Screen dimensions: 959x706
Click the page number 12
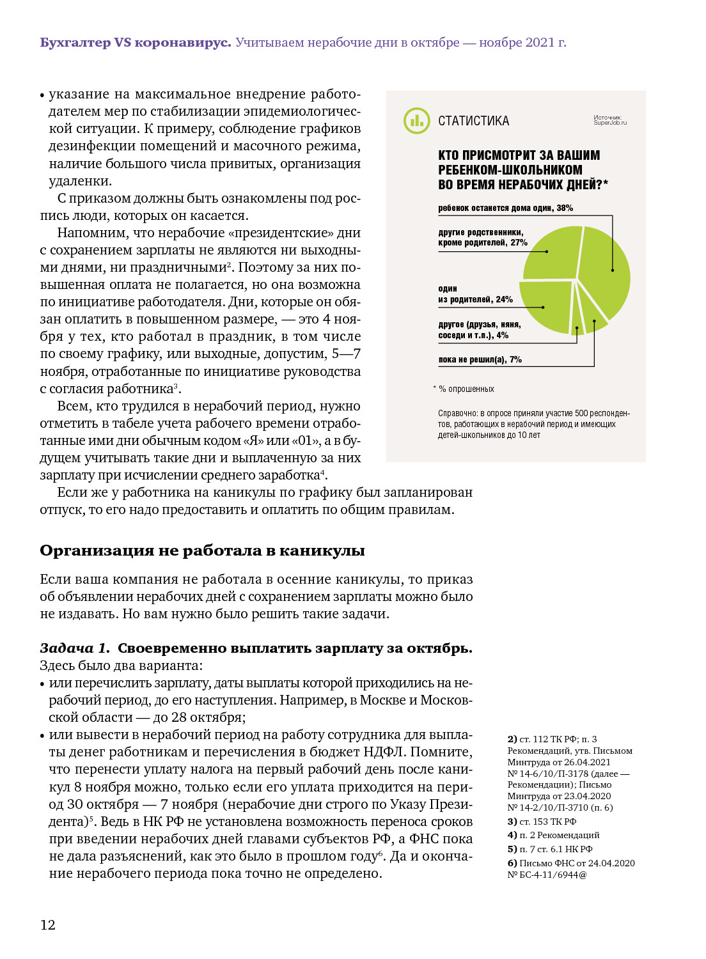[x=48, y=925]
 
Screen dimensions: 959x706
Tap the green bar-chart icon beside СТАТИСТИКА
[x=416, y=121]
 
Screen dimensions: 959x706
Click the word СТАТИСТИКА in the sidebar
[x=473, y=121]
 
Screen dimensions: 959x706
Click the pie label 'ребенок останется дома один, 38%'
[x=505, y=208]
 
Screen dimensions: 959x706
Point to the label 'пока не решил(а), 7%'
[x=480, y=360]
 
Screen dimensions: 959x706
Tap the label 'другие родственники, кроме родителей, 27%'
[x=482, y=238]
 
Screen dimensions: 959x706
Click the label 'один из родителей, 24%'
[x=475, y=294]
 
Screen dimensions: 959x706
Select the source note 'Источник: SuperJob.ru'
[x=610, y=120]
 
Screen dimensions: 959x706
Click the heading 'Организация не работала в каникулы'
[x=202, y=550]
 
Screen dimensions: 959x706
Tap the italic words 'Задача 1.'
[x=75, y=648]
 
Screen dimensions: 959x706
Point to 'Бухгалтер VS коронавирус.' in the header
[x=135, y=43]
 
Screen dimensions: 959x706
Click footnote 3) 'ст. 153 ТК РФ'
[x=542, y=822]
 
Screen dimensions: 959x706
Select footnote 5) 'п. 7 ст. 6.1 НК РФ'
[x=550, y=849]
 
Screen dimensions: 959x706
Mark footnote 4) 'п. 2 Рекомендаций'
[x=553, y=835]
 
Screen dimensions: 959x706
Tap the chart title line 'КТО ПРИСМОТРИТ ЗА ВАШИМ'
[x=519, y=155]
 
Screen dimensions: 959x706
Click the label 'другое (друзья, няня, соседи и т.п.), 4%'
[x=479, y=330]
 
